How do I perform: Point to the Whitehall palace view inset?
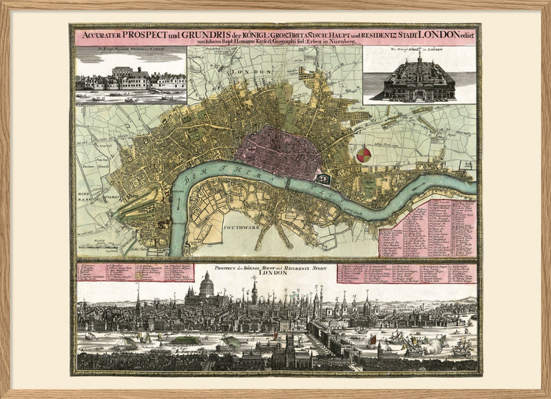point(131,77)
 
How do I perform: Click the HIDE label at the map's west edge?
point(82,195)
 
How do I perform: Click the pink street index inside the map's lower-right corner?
point(427,227)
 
